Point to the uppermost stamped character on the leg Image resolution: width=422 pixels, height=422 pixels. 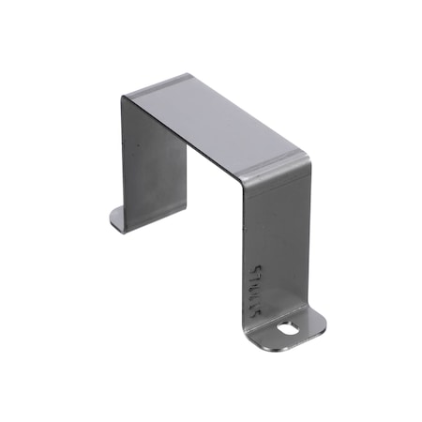click(x=261, y=268)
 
